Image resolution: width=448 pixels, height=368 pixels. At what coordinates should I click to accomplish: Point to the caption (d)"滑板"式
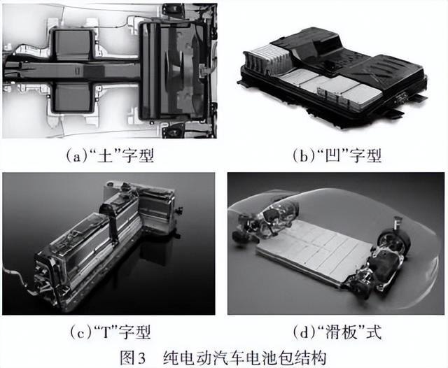point(335,330)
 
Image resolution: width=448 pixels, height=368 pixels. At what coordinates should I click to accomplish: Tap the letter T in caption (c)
point(102,330)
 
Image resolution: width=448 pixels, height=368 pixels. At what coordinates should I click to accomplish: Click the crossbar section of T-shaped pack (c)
point(140,210)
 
